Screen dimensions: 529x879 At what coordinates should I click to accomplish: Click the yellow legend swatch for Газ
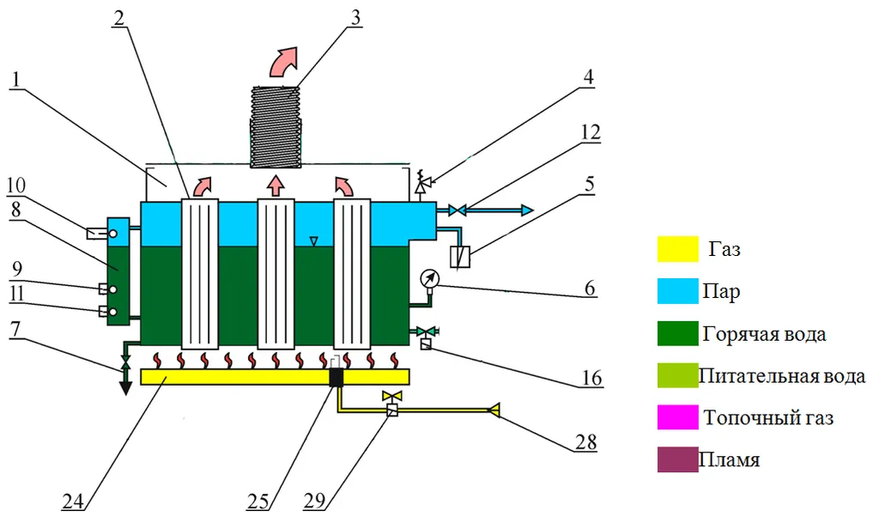click(678, 250)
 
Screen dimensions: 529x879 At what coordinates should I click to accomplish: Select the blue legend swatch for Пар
click(678, 292)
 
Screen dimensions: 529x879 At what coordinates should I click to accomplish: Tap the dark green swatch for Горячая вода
click(678, 333)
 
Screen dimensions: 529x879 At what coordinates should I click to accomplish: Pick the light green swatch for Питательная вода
click(678, 375)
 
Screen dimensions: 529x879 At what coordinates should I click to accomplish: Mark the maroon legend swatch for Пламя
click(678, 459)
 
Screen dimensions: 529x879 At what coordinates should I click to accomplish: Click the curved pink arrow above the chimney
click(284, 63)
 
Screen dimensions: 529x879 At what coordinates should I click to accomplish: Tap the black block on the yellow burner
click(336, 376)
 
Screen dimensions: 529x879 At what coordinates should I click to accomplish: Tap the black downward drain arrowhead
click(125, 386)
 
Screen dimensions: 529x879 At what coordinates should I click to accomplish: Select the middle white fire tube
click(276, 271)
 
